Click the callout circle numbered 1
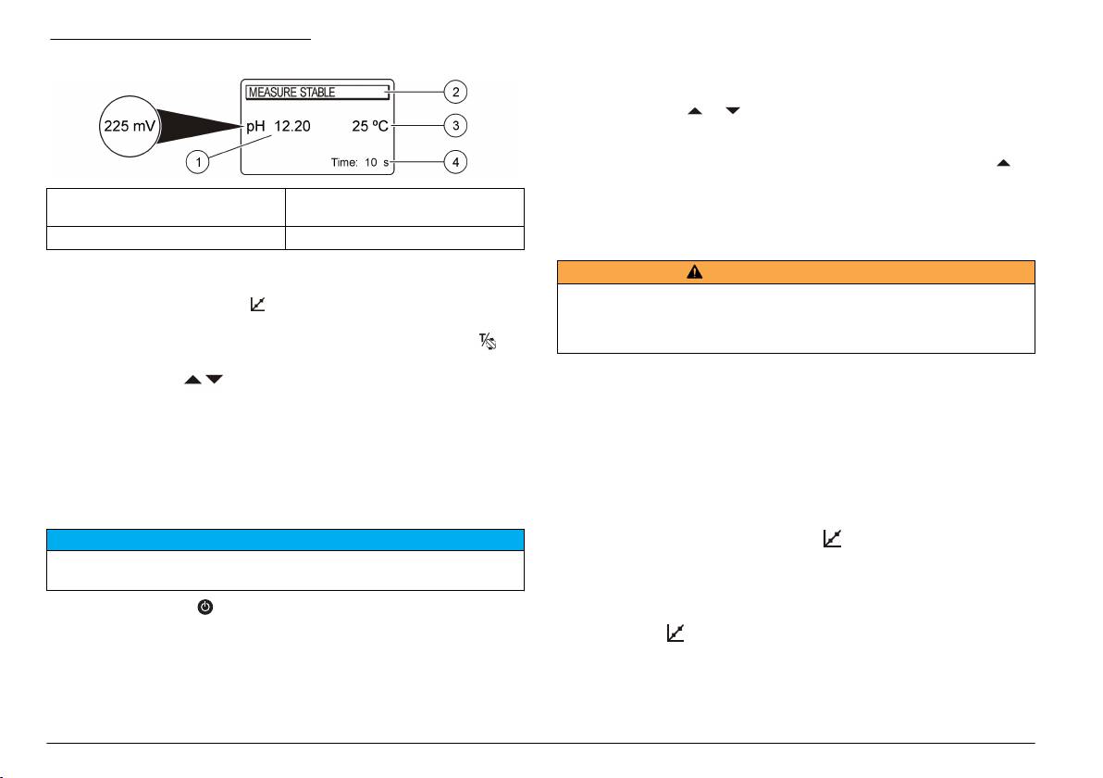(198, 162)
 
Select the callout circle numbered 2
(456, 92)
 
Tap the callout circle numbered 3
(456, 125)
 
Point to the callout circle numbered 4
(456, 162)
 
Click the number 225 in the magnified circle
(116, 126)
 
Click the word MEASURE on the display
(272, 93)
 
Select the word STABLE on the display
(317, 93)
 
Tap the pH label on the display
(255, 127)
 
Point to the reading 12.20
(291, 126)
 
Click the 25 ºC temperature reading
(370, 126)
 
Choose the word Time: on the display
(344, 163)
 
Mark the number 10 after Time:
(371, 163)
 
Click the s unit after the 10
(386, 163)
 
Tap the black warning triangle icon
(694, 271)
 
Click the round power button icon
(205, 607)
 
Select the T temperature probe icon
(488, 342)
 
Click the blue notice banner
(286, 540)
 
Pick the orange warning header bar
(797, 271)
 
